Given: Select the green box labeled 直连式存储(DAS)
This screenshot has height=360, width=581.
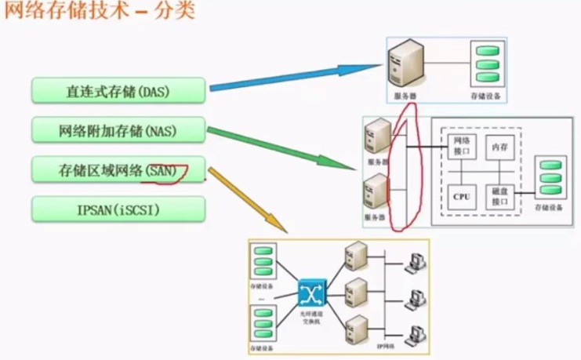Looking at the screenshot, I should coord(118,91).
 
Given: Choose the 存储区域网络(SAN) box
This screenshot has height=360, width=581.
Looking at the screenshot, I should coord(118,169).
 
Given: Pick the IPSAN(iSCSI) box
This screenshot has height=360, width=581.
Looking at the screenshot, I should coord(118,209).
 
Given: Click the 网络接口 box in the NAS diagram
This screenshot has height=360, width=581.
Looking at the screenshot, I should coord(459,146).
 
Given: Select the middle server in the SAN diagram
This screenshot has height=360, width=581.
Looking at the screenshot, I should coord(355,291).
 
